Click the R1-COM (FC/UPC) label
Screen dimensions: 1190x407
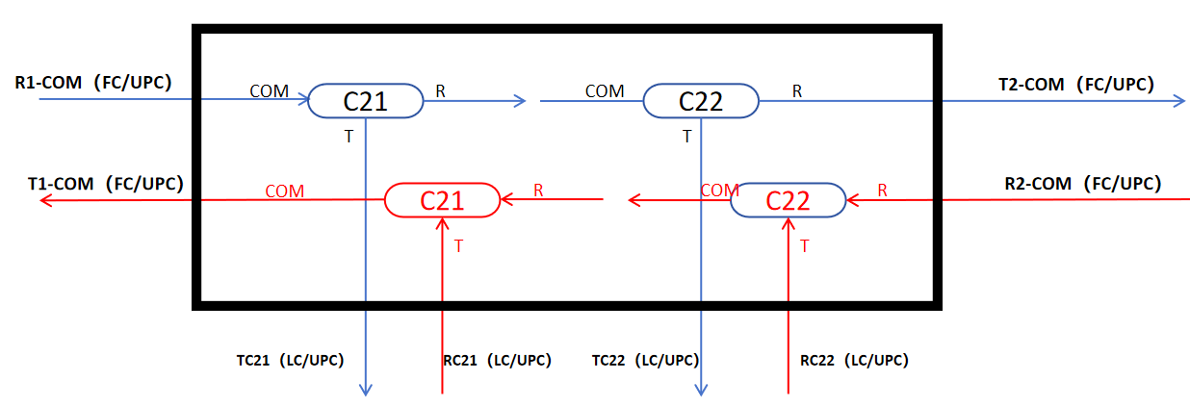tap(93, 83)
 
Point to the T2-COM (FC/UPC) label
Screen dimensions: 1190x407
tap(1076, 85)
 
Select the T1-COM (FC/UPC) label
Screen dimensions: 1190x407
tap(106, 184)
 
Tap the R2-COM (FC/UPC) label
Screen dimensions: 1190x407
tap(1083, 184)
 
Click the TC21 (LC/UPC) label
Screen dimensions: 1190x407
tap(290, 360)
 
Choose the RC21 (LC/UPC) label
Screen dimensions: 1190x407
tap(497, 360)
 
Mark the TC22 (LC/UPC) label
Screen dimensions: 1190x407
tap(645, 360)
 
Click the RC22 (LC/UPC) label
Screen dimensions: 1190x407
tap(854, 360)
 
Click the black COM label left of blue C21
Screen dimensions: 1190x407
tap(270, 91)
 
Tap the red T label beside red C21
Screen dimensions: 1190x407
tap(458, 246)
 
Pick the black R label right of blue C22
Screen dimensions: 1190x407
tap(797, 91)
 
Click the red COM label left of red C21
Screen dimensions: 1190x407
tap(285, 191)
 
